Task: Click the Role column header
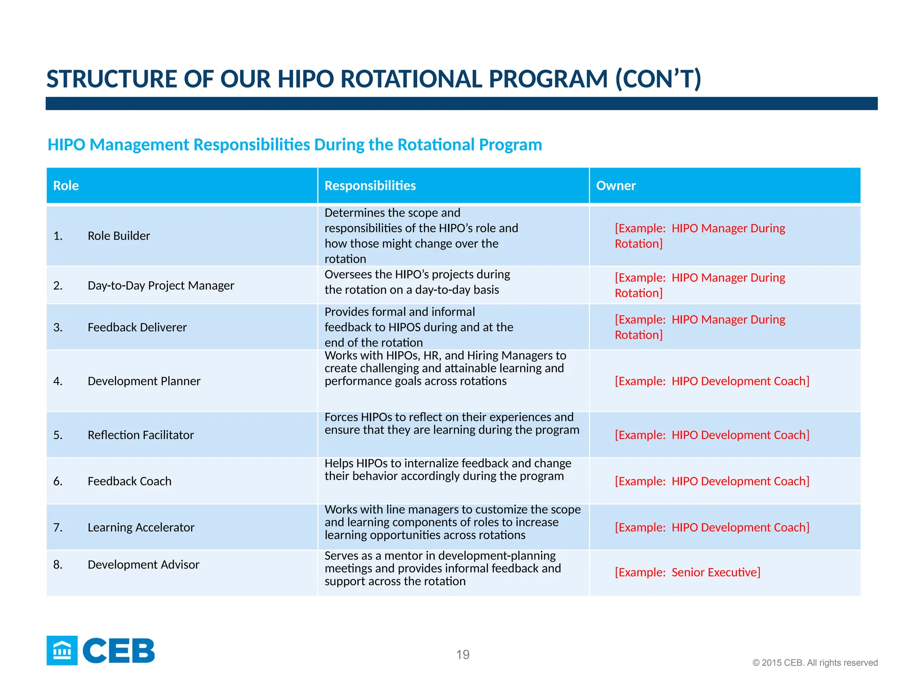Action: tap(66, 185)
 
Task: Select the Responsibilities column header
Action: tap(370, 185)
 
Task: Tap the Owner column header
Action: tap(615, 185)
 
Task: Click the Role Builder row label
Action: tap(119, 236)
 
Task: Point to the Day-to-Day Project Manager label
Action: tap(161, 286)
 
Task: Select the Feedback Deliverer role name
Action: tap(137, 327)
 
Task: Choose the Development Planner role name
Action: tap(144, 381)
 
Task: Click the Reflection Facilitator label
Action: tap(141, 435)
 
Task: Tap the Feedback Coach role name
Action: tap(129, 481)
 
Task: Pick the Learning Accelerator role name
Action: tap(141, 527)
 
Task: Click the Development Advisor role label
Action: tap(143, 565)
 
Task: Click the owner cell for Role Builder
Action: tap(699, 236)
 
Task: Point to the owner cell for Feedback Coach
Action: tap(712, 481)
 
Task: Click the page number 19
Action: tap(462, 655)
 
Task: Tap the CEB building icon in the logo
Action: tap(62, 651)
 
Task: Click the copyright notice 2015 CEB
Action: tap(815, 663)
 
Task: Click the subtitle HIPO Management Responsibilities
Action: tap(295, 145)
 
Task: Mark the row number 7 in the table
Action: tap(57, 527)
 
